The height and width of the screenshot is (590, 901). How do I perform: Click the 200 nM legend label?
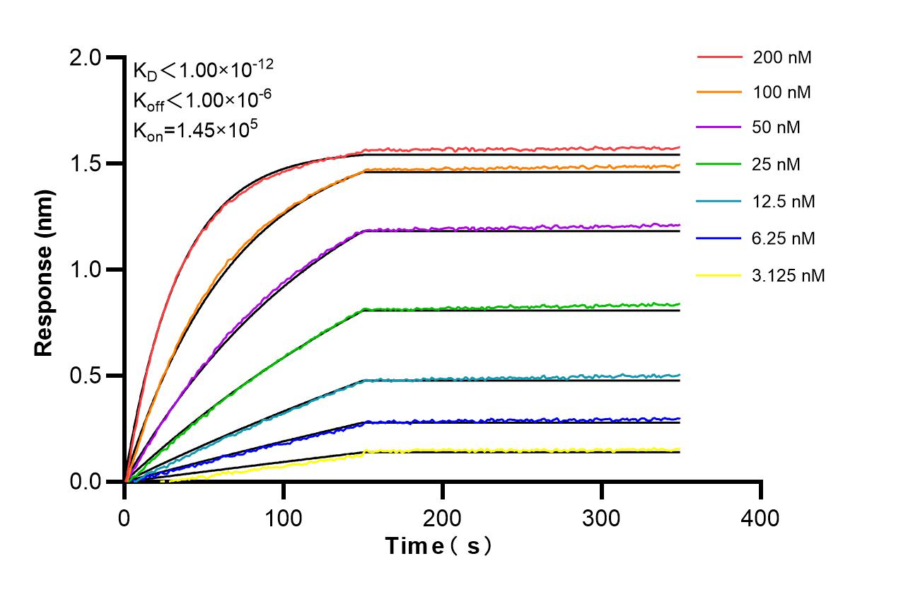(781, 57)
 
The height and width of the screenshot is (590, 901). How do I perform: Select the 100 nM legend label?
(781, 92)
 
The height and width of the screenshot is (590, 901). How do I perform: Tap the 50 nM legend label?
(777, 128)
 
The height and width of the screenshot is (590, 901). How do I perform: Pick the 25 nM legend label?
(777, 165)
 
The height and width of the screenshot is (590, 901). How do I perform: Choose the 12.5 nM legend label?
(784, 202)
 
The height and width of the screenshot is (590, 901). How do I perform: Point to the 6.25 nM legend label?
(784, 238)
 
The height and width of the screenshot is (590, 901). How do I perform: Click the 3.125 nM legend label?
(789, 275)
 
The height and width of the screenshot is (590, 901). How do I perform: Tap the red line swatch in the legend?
(720, 57)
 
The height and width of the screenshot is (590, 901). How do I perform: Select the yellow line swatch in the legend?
(720, 275)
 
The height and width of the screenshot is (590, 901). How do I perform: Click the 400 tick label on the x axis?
(760, 518)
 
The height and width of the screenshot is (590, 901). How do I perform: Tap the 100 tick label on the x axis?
(283, 518)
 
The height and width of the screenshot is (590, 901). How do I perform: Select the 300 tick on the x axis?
(601, 518)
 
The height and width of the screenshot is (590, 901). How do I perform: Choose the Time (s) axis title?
(438, 546)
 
